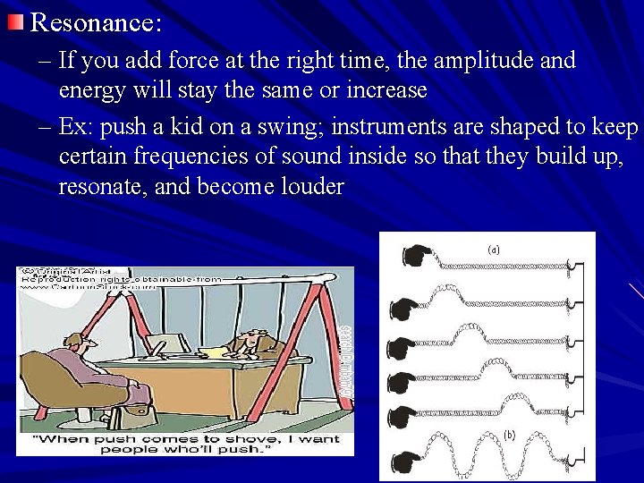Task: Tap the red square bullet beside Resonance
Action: click(15, 21)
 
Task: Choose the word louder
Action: click(309, 187)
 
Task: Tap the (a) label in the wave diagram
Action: click(494, 251)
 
